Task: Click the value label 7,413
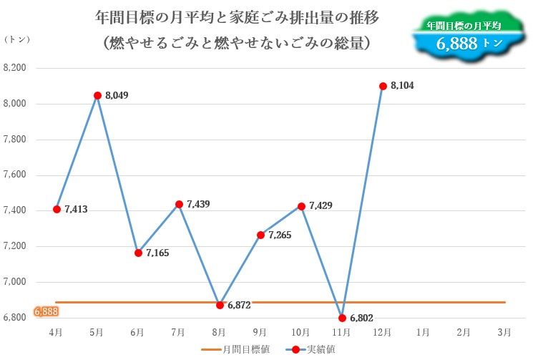(x=76, y=210)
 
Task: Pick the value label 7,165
(x=157, y=253)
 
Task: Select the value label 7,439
(x=198, y=205)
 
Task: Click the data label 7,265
(x=280, y=235)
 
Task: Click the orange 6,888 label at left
(x=45, y=311)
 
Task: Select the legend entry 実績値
(x=321, y=349)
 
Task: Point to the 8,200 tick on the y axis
(x=15, y=69)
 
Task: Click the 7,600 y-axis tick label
(x=15, y=175)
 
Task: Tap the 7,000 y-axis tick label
(x=15, y=282)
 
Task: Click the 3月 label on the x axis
(x=504, y=332)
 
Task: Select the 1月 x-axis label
(x=423, y=332)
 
